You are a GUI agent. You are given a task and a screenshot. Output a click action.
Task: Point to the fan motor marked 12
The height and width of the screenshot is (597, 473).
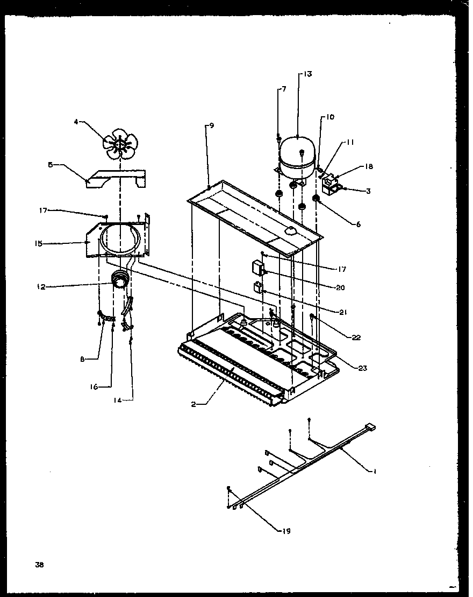click(x=120, y=282)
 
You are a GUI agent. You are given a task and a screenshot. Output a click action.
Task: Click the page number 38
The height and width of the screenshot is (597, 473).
click(x=39, y=565)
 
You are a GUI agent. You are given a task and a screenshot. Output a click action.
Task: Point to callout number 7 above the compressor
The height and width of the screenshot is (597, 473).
click(x=283, y=88)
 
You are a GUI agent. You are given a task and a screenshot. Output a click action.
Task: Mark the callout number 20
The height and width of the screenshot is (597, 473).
click(x=340, y=287)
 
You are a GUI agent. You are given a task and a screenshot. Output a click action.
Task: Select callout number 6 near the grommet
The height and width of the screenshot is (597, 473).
click(x=358, y=224)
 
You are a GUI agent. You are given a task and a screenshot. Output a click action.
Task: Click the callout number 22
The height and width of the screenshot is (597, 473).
click(x=356, y=338)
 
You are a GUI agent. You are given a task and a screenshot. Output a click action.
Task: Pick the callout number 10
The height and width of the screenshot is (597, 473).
click(x=329, y=117)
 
